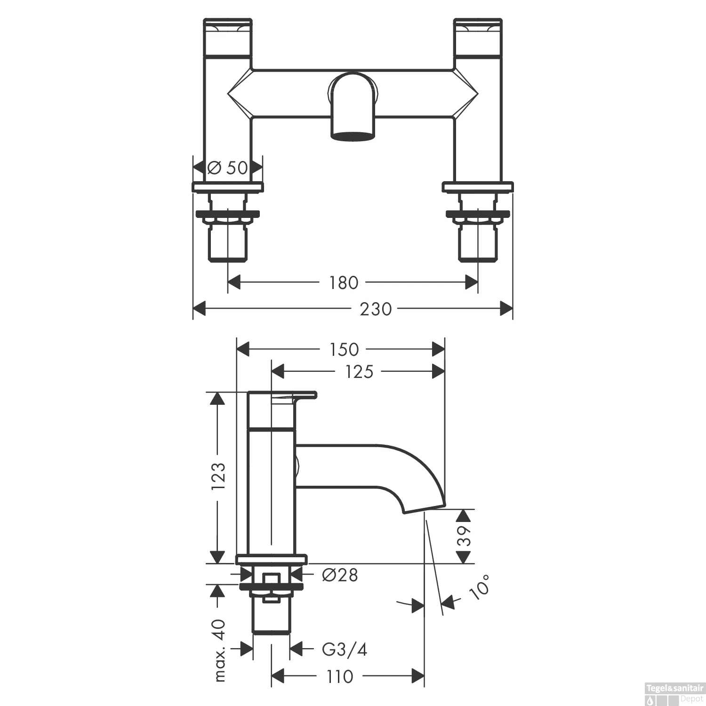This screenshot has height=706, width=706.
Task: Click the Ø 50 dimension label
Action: pos(228,168)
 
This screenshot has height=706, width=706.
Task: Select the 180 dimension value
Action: pos(344,283)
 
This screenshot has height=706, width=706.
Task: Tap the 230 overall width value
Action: pos(376,309)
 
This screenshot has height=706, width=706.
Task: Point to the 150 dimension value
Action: pos(344,350)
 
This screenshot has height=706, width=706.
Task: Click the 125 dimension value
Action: pos(359,372)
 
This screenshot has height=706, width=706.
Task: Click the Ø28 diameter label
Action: pos(340,575)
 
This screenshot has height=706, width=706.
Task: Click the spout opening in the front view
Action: pos(354,136)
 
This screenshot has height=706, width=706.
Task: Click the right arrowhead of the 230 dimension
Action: pos(506,309)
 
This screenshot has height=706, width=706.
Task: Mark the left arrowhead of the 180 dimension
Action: pos(234,283)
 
